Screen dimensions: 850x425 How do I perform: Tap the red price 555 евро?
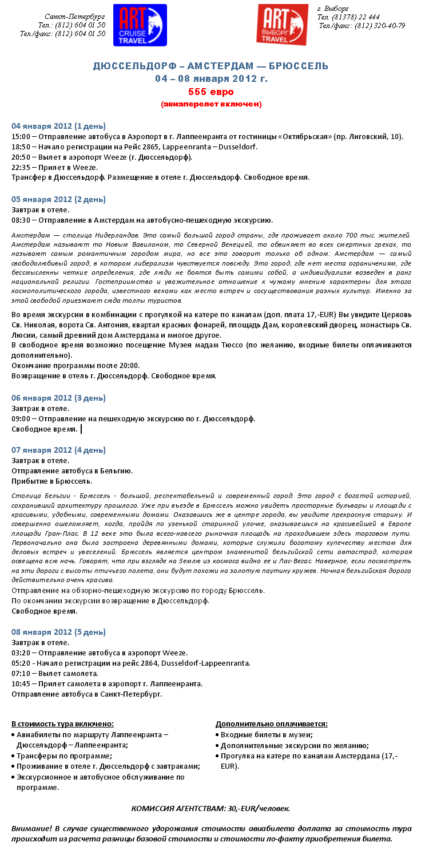point(211,92)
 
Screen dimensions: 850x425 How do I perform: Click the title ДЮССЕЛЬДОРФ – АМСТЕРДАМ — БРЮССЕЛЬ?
point(211,66)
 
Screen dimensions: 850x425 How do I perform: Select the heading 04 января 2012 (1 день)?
point(59,126)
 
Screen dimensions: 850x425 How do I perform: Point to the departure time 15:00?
point(21,136)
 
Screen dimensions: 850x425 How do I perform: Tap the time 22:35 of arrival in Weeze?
point(21,167)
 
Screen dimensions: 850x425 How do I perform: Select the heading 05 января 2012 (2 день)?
point(59,199)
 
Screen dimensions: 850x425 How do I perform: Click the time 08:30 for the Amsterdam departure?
point(21,220)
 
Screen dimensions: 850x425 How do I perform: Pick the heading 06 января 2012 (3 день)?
point(59,398)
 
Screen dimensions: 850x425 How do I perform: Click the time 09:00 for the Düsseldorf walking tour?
point(21,418)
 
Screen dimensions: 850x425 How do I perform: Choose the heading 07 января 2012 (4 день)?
point(59,450)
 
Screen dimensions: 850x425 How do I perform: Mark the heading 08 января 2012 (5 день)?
point(59,632)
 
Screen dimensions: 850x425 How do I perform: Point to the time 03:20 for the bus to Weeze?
point(21,653)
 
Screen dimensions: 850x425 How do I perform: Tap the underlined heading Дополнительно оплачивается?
point(272,724)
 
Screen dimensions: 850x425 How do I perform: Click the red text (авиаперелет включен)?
point(211,104)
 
